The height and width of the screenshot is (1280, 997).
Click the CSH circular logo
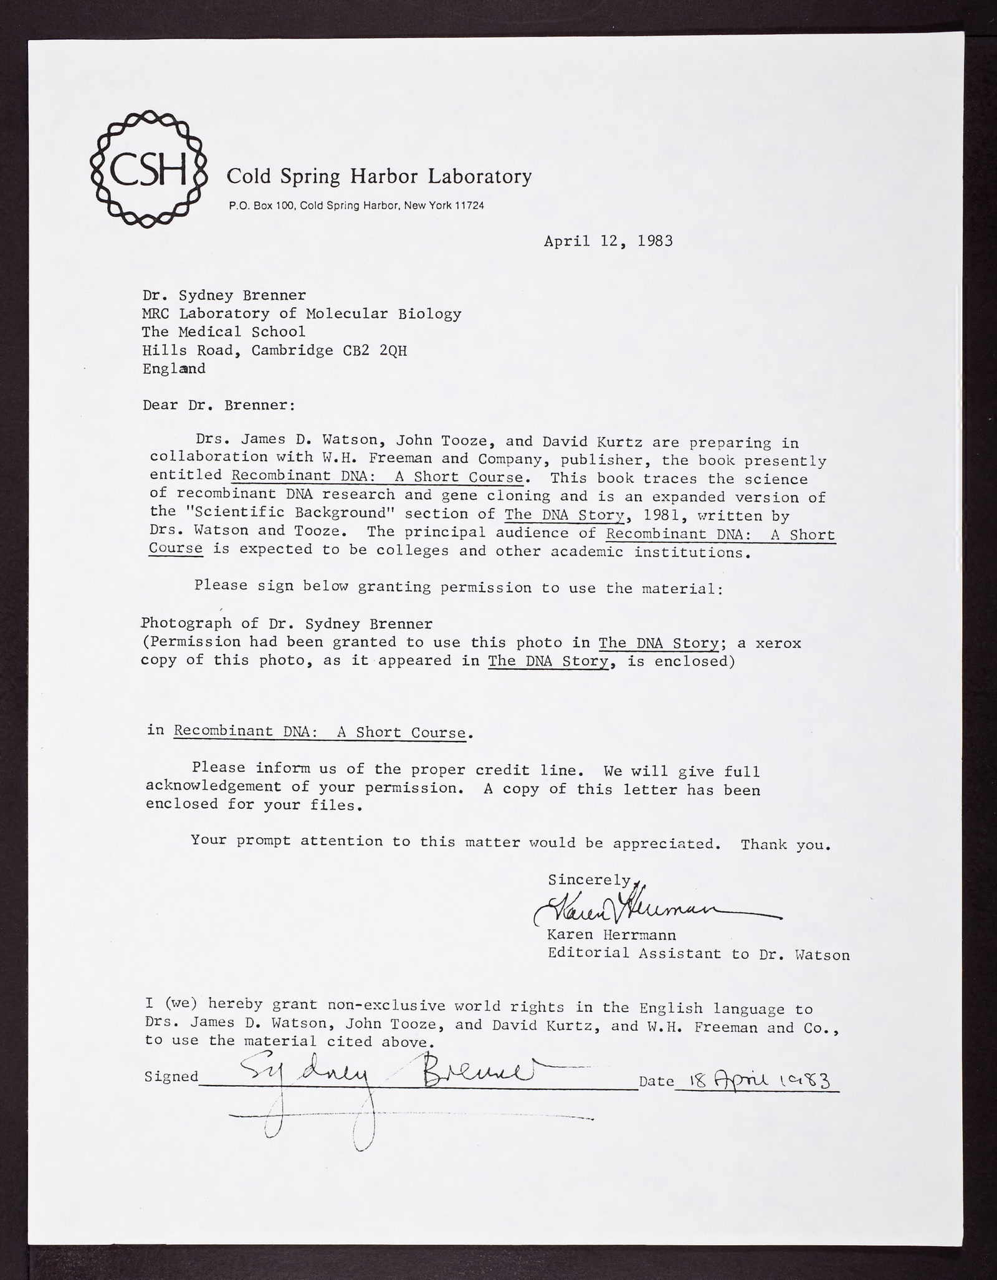(x=149, y=167)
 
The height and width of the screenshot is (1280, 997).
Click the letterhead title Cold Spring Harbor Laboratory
(x=379, y=176)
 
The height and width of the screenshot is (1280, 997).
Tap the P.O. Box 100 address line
(x=356, y=206)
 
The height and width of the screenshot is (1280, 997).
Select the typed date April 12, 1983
(x=608, y=241)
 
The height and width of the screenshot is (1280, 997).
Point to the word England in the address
(x=174, y=368)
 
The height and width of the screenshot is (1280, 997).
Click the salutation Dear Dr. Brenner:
(x=219, y=405)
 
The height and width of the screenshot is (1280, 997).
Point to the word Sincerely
(x=589, y=880)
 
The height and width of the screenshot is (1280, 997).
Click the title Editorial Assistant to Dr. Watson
(x=698, y=953)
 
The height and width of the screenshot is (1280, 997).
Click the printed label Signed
(x=171, y=1076)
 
